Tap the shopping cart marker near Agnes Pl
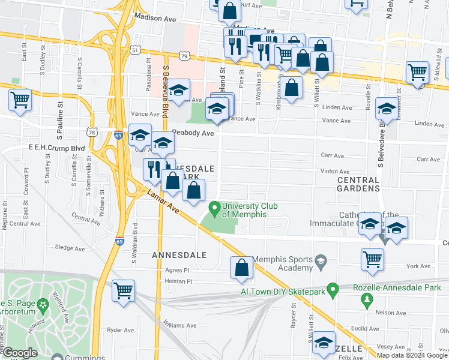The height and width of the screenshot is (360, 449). tap(123, 291)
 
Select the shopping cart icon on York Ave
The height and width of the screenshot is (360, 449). tap(373, 260)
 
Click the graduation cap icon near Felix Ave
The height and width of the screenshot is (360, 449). tap(324, 342)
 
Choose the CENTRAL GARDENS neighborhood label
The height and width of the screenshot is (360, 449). tap(358, 184)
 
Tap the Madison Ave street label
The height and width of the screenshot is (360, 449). tap(155, 19)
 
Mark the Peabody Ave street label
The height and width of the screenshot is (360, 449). tap(193, 133)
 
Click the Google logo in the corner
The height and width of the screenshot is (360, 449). tap(19, 353)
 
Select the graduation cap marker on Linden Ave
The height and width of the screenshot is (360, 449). tap(386, 110)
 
